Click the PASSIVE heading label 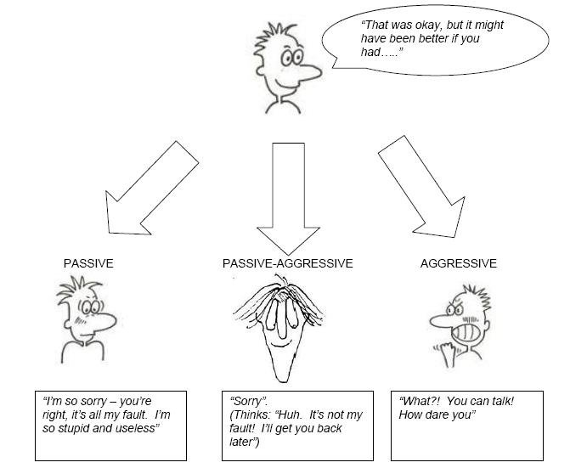point(87,263)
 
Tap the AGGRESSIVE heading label point(458,263)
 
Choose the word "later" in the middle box point(245,442)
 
